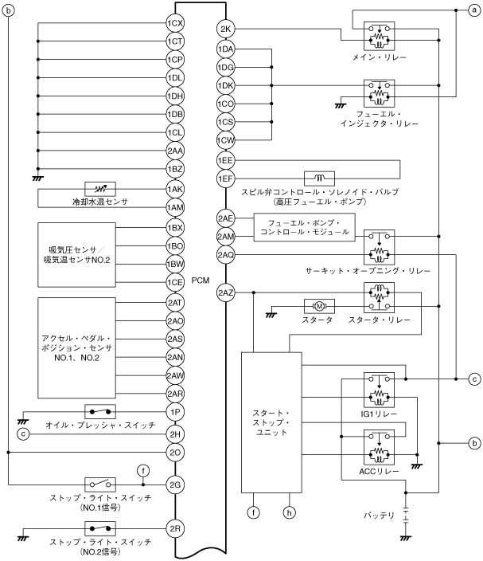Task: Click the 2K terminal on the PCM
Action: pyautogui.click(x=224, y=29)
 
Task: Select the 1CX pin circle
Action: pyautogui.click(x=176, y=22)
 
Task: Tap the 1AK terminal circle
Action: pyautogui.click(x=176, y=189)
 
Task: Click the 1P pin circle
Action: pyautogui.click(x=176, y=412)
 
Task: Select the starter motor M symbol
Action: pyautogui.click(x=318, y=305)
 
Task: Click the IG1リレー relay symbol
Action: pyautogui.click(x=378, y=390)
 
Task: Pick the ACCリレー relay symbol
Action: pyautogui.click(x=378, y=448)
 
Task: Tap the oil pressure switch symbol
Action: pyautogui.click(x=100, y=412)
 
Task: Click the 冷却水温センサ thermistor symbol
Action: pyautogui.click(x=100, y=189)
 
